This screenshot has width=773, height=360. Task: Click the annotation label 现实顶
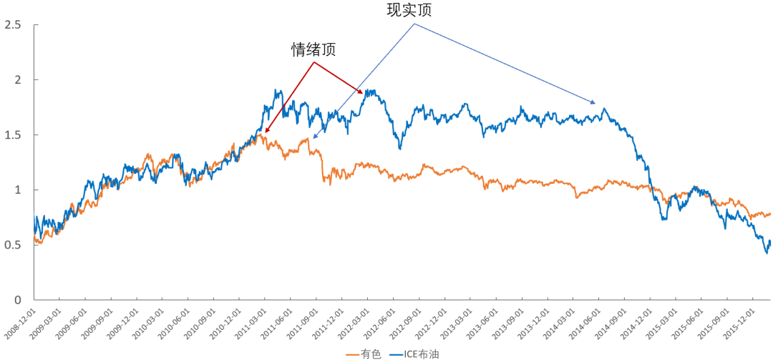pos(409,10)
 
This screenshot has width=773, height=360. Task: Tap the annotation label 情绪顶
pos(313,49)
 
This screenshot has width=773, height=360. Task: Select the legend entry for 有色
pos(363,353)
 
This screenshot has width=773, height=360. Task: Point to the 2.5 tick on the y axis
pos(12,25)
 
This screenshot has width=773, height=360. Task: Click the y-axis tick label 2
pos(17,79)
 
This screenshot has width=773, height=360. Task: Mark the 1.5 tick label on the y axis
pos(12,135)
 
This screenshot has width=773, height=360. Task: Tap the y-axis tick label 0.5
pos(12,245)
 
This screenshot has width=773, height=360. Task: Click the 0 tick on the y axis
pos(17,300)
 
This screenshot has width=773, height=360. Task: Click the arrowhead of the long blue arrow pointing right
pos(593,102)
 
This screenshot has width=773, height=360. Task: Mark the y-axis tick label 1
pos(17,190)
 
